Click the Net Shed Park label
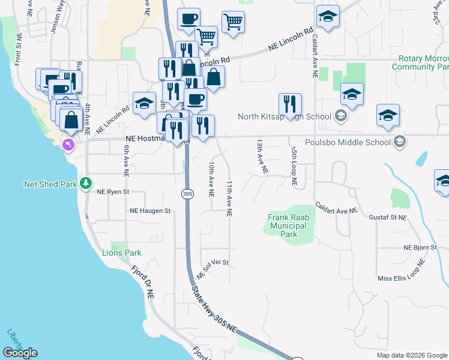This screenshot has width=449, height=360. click(x=50, y=184)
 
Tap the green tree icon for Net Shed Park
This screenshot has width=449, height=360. click(x=86, y=182)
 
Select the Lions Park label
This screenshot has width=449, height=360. click(x=121, y=253)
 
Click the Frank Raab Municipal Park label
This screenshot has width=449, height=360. click(x=288, y=225)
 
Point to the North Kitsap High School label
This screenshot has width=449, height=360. click(x=285, y=117)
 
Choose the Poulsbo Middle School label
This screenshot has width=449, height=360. click(x=348, y=142)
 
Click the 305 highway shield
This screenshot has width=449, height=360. click(x=188, y=193)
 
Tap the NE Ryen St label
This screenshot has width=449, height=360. click(x=113, y=192)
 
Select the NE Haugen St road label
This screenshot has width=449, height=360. click(x=150, y=211)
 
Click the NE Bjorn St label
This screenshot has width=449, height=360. click(x=419, y=247)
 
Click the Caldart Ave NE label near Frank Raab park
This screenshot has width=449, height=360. click(x=335, y=208)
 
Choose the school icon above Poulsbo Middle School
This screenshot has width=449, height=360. click(x=388, y=115)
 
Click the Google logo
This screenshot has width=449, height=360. click(x=20, y=353)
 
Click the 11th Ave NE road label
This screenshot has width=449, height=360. click(x=229, y=198)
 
